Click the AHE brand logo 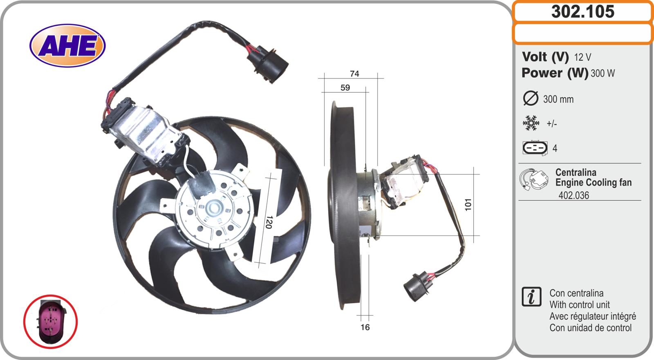coord(67,45)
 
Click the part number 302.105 coord(583,12)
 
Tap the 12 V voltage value coord(582,57)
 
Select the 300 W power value coord(602,73)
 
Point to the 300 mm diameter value coord(558,99)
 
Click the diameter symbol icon coord(531,98)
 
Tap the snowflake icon coord(531,123)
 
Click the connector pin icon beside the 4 coord(535,148)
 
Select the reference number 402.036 coord(574,195)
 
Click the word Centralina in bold coord(576,172)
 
